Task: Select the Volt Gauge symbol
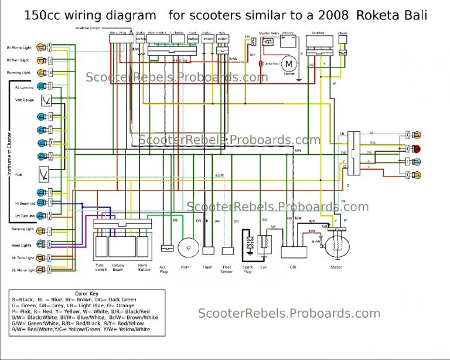[43, 100]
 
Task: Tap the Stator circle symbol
[336, 246]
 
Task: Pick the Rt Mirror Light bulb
[43, 47]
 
